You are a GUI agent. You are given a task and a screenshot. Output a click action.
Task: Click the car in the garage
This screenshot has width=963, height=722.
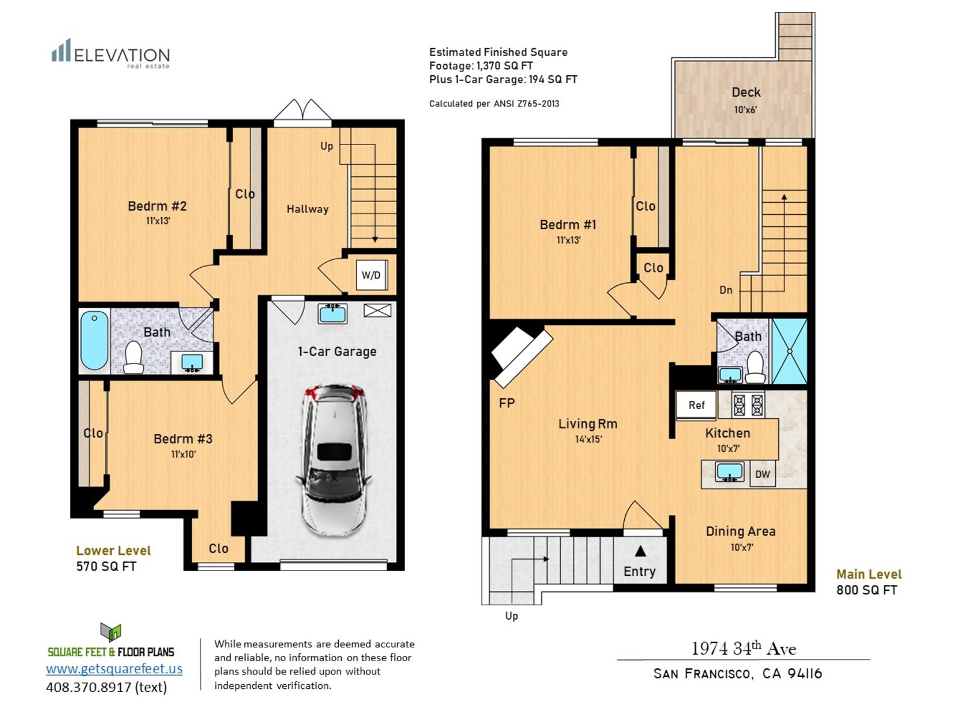tap(334, 460)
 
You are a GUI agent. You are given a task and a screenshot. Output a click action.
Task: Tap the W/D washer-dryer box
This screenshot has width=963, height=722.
tap(371, 275)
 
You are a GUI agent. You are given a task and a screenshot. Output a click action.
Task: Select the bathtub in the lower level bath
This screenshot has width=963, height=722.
tap(94, 340)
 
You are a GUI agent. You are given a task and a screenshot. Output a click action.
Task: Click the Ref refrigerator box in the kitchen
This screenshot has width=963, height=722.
tap(696, 404)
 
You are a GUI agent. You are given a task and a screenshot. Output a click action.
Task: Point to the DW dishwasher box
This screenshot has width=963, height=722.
tap(763, 474)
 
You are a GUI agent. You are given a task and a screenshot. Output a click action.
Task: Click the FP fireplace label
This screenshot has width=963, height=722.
tap(507, 403)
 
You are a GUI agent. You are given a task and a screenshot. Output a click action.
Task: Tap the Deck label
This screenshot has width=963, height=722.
tap(746, 92)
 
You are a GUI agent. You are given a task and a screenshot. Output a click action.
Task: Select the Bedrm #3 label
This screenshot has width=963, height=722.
tap(183, 439)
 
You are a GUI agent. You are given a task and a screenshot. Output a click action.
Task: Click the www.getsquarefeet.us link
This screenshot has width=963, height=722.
tap(114, 668)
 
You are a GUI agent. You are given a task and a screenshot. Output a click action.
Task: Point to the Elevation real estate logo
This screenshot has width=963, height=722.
tap(111, 54)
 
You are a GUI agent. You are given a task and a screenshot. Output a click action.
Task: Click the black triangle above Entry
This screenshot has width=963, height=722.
tap(640, 551)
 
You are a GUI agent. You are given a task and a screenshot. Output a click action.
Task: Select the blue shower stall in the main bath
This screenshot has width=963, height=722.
tap(789, 351)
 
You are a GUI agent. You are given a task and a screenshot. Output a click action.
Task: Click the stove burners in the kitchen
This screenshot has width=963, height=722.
tap(748, 404)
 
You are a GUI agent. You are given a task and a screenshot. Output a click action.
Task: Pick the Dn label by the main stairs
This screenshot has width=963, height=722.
tap(726, 290)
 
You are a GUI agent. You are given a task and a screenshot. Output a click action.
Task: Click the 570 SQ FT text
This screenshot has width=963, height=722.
tap(106, 566)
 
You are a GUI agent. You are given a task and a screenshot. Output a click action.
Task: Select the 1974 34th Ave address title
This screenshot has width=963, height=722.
tap(744, 649)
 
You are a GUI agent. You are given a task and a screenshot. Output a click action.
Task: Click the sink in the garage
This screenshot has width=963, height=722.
tap(333, 313)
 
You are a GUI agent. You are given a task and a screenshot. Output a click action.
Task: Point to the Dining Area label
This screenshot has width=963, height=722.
tap(740, 531)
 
